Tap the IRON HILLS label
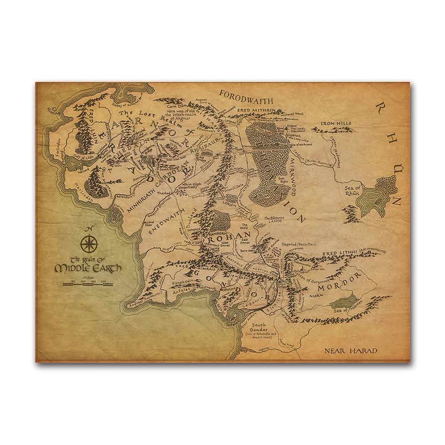tap(335, 124)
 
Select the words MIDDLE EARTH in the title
tap(88, 268)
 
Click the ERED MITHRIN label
tap(257, 110)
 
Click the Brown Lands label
tap(274, 220)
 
